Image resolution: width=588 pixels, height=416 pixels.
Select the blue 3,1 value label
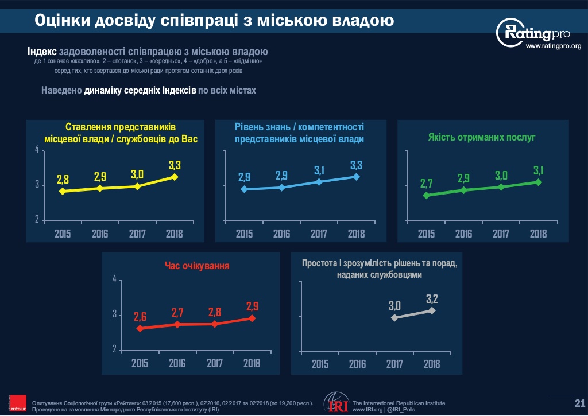tap(320, 170)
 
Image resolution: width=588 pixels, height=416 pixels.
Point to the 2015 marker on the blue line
tap(244, 189)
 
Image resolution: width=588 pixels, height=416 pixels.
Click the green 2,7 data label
tap(426, 184)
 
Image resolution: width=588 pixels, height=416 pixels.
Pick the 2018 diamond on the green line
tap(538, 182)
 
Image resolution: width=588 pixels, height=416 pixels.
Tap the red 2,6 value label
tap(140, 316)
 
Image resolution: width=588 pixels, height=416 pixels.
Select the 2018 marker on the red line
tap(252, 318)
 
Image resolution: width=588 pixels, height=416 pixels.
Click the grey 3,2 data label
tap(432, 298)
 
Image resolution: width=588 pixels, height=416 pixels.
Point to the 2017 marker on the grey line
tap(394, 317)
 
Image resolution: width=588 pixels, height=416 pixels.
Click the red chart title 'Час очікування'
tap(197, 266)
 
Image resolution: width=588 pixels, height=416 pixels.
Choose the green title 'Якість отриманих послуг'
tap(482, 137)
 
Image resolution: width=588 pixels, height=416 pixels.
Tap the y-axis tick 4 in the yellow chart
tap(36, 150)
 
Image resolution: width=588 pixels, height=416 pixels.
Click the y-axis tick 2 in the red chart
tap(114, 349)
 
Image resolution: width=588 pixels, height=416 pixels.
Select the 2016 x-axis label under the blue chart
tap(281, 234)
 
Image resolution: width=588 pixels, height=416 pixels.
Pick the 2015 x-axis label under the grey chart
tap(320, 363)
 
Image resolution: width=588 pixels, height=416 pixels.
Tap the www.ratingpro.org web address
tap(554, 46)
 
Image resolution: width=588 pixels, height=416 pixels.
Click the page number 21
tap(579, 403)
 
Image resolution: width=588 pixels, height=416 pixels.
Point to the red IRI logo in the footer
tap(335, 403)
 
